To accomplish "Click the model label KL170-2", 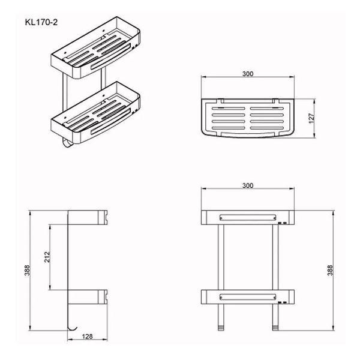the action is click(41, 23).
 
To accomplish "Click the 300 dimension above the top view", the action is click(248, 74).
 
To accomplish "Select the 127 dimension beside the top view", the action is click(311, 118).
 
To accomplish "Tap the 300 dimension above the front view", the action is click(248, 185).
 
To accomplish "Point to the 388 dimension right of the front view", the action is click(329, 271).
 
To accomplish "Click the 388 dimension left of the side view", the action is click(27, 271).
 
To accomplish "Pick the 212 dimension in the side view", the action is click(47, 257).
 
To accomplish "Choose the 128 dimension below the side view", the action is click(87, 337).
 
